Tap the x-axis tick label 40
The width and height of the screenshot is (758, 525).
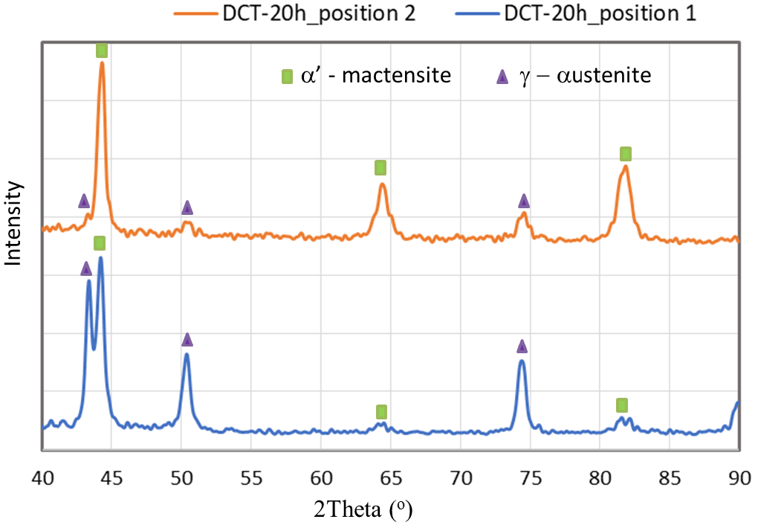pos(42,476)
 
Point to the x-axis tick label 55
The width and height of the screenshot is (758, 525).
pos(251,476)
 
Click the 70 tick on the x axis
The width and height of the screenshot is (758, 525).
pos(460,476)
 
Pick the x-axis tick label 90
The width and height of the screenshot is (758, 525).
pos(738,476)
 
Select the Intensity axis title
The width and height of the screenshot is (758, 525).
pos(13,224)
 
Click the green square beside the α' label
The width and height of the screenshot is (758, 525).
pos(286,76)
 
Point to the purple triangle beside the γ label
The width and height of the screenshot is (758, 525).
pos(502,76)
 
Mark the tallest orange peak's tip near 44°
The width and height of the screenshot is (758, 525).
pos(102,63)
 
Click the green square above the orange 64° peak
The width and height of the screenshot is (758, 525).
pos(380,167)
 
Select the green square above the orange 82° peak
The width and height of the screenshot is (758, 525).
pos(626,154)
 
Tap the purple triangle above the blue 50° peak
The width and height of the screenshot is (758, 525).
pos(187,340)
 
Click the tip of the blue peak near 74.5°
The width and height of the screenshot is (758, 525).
pos(522,361)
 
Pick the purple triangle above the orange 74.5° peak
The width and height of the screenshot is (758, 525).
pos(524,201)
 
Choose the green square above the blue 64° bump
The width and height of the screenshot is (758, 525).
pos(381,411)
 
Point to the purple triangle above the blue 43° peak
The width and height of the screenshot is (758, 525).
pos(86,268)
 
